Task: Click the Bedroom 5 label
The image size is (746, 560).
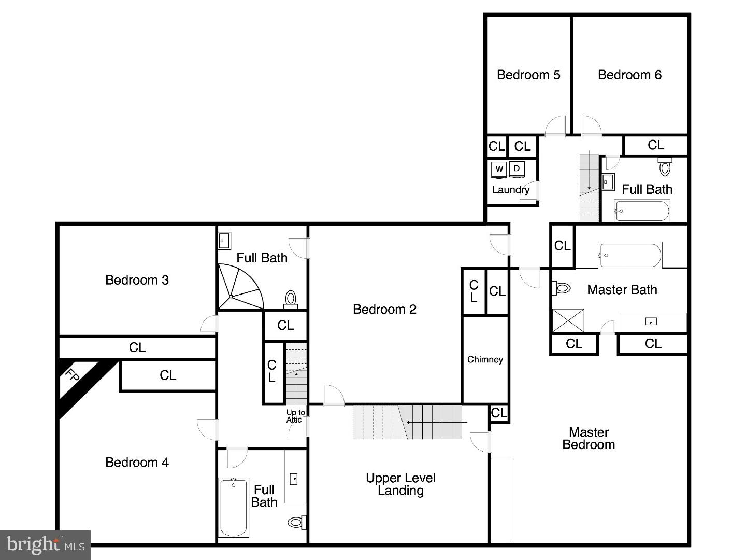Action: click(x=528, y=75)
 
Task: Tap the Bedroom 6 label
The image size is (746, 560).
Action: click(x=629, y=75)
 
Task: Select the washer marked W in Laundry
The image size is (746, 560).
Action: click(x=499, y=169)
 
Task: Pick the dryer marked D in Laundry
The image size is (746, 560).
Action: click(x=517, y=169)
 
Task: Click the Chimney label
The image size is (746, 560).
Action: click(x=485, y=359)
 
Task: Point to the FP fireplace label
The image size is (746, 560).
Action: click(x=72, y=375)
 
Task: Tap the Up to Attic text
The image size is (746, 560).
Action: click(x=295, y=416)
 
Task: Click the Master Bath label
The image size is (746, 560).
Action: click(x=622, y=289)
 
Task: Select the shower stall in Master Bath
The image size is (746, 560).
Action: click(x=568, y=320)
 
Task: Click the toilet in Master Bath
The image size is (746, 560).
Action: click(x=562, y=288)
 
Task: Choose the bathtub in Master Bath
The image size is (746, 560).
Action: click(x=630, y=255)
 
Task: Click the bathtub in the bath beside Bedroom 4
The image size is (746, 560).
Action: click(x=234, y=508)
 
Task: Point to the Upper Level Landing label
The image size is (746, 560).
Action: click(x=400, y=484)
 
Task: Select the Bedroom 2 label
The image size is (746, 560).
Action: click(x=384, y=310)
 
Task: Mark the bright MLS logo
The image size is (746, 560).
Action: click(x=46, y=544)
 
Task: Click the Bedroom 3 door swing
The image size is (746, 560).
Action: click(x=209, y=324)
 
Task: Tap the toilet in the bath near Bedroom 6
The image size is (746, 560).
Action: click(x=665, y=167)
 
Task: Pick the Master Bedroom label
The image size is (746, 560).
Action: click(x=589, y=438)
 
